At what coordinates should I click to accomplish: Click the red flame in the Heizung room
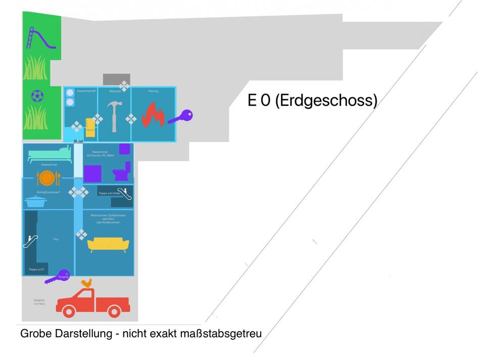[153, 115]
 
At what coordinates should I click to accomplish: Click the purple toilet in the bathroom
[122, 172]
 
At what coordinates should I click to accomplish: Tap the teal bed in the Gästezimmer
[50, 154]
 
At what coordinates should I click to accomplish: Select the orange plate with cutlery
[46, 178]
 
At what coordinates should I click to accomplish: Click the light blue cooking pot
[35, 201]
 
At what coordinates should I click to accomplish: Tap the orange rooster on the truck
[87, 283]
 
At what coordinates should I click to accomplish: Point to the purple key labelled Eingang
[57, 276]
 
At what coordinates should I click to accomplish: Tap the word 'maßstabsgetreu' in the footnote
[221, 334]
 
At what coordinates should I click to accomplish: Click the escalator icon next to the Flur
[29, 241]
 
